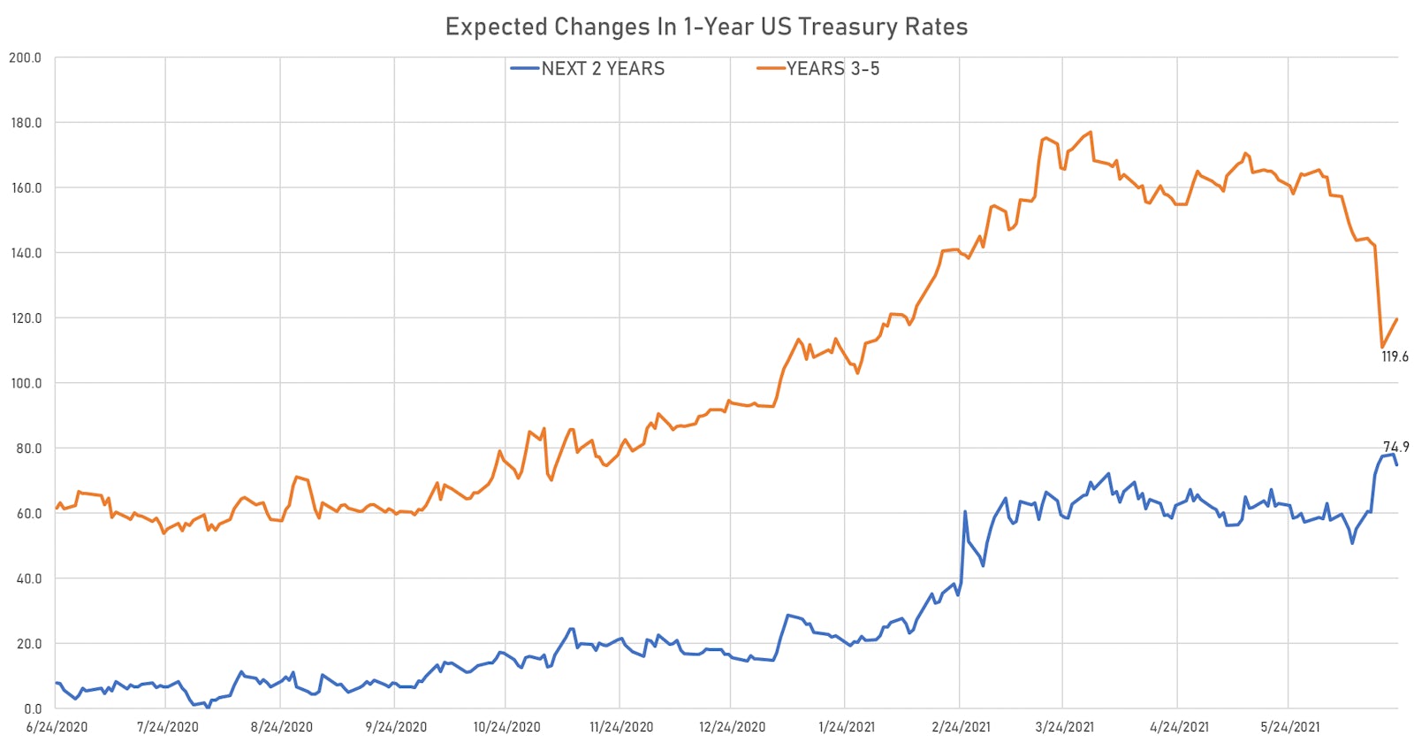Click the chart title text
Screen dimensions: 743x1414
(x=706, y=27)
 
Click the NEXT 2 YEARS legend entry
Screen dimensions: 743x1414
(x=602, y=69)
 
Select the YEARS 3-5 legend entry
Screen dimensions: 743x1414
(x=832, y=69)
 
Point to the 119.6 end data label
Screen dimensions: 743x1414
(x=1395, y=356)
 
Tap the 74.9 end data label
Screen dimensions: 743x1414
(x=1395, y=447)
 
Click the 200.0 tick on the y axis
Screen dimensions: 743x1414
(x=25, y=57)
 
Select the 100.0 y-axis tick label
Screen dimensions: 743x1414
(x=25, y=383)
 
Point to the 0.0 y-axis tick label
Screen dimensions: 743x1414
(x=32, y=709)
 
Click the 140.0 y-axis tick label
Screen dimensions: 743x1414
(x=25, y=253)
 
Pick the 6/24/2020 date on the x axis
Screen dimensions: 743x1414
(x=57, y=727)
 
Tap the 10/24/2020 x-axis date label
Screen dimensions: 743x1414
(x=506, y=727)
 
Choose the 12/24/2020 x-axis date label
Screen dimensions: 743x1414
(x=732, y=727)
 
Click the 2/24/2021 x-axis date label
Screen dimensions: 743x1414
(x=961, y=727)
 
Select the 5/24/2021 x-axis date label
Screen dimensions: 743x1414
(x=1289, y=727)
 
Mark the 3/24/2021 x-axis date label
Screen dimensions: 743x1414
(x=1064, y=727)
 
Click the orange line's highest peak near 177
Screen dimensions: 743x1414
(x=1091, y=133)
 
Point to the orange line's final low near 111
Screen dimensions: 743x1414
(x=1381, y=347)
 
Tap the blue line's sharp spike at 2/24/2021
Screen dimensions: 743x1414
(x=965, y=511)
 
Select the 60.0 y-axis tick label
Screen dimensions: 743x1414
(x=27, y=513)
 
